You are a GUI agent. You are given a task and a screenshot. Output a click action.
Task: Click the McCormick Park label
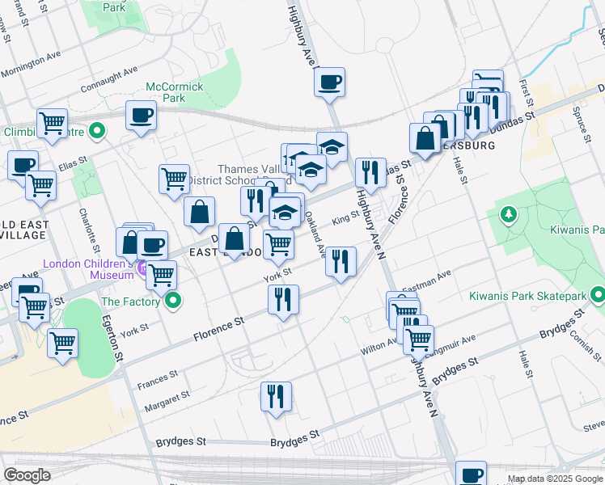point(174,92)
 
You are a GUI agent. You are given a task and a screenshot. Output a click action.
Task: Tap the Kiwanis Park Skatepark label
point(527,295)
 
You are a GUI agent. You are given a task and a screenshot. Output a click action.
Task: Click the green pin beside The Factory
point(172,302)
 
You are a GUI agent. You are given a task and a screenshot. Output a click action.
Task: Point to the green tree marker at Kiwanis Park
point(509,215)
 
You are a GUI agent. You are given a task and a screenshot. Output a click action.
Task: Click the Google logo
point(27,474)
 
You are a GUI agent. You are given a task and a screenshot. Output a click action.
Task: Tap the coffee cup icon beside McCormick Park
point(141,115)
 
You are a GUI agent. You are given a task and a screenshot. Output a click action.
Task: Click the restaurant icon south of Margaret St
point(277,396)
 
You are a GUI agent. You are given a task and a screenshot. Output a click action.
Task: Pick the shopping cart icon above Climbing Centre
point(52,123)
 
